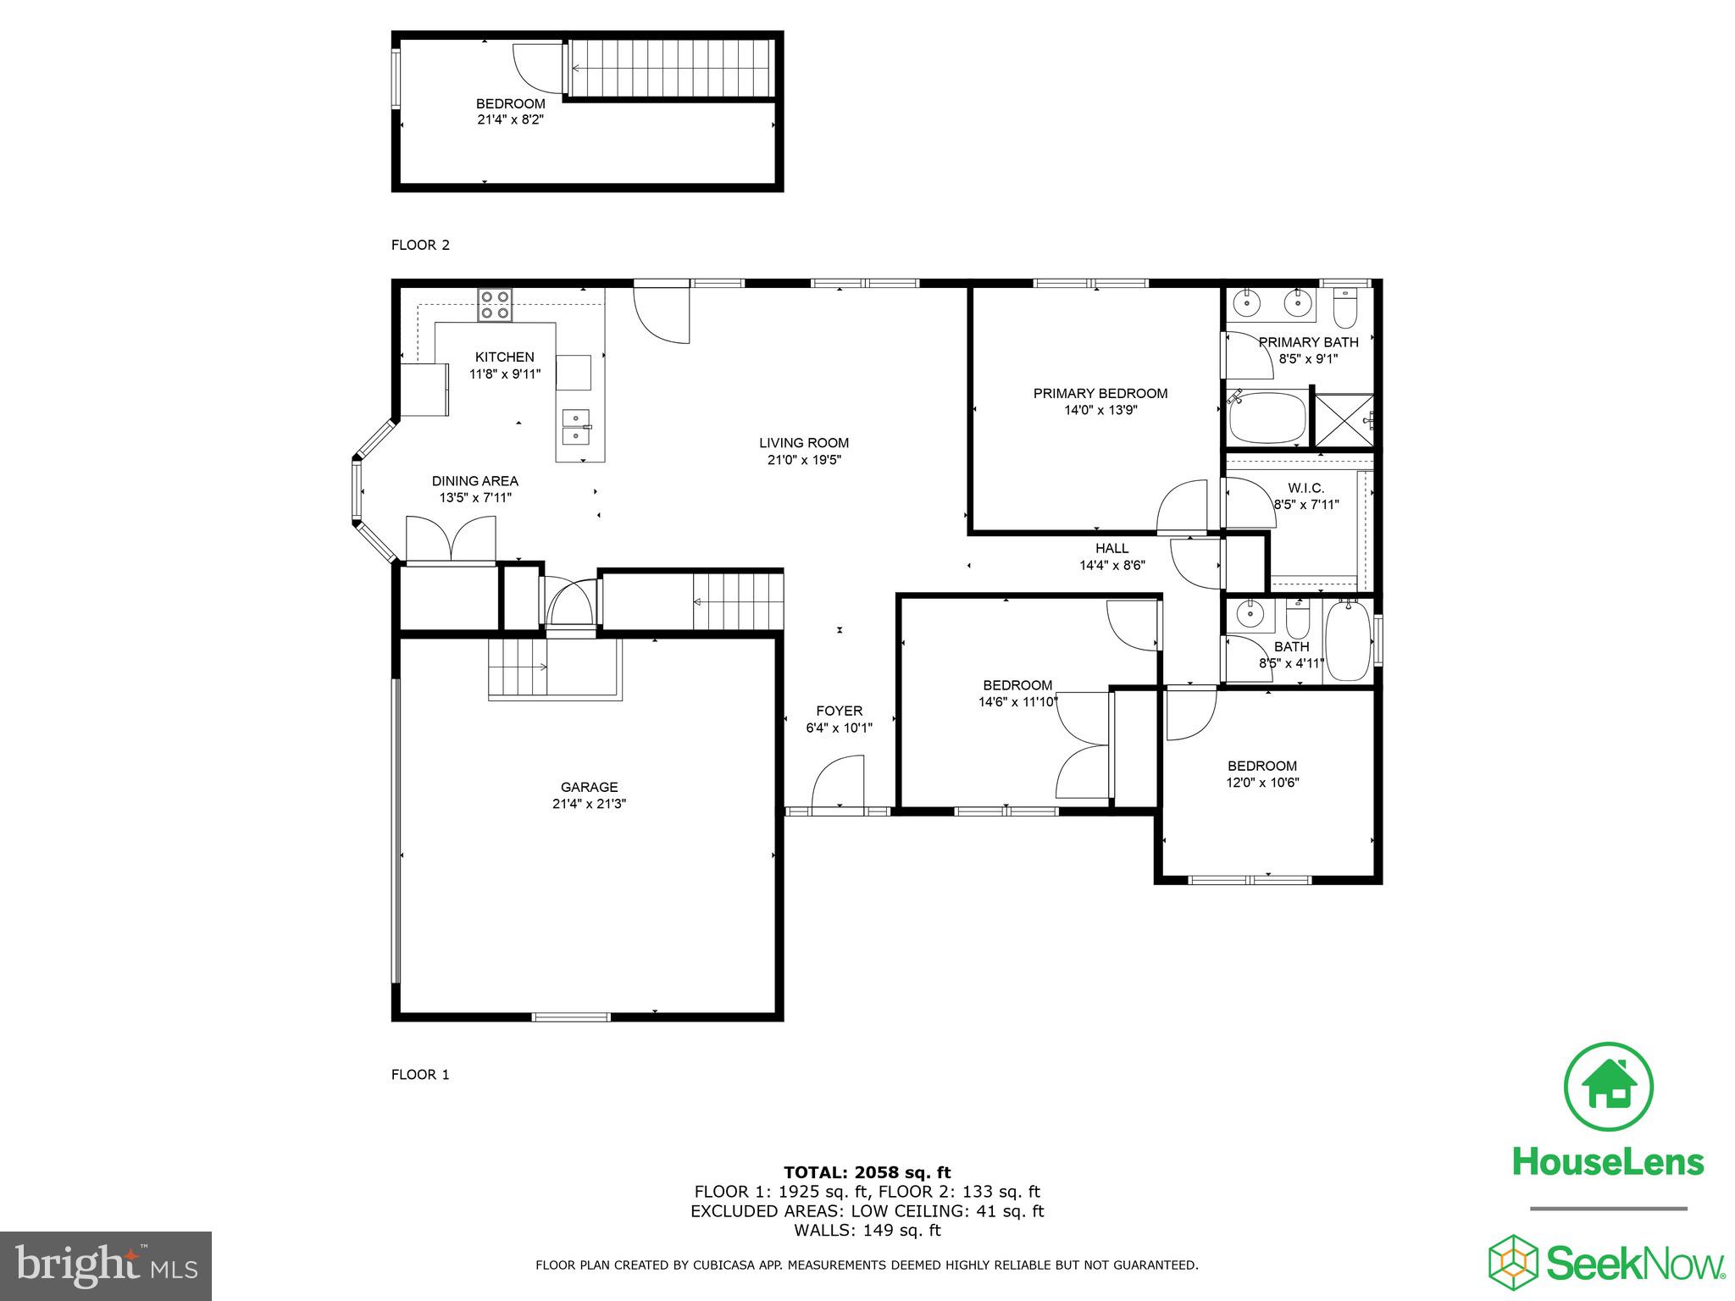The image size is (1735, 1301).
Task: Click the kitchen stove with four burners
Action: pyautogui.click(x=495, y=305)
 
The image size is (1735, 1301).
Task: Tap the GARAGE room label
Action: pyautogui.click(x=589, y=787)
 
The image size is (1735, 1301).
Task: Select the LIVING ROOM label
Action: pyautogui.click(x=803, y=442)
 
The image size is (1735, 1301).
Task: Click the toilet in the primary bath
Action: pyautogui.click(x=1344, y=309)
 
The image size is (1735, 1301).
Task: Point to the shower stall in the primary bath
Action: pyautogui.click(x=1343, y=418)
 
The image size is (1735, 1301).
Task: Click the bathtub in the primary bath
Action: pyautogui.click(x=1267, y=418)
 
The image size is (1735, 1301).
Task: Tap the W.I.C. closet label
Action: pyautogui.click(x=1305, y=488)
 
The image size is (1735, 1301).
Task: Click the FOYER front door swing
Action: pyautogui.click(x=837, y=783)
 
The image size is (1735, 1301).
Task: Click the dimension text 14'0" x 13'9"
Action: pyautogui.click(x=1100, y=410)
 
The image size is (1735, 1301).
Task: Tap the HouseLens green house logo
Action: pyautogui.click(x=1608, y=1087)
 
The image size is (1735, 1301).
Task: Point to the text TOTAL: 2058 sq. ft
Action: pyautogui.click(x=867, y=1172)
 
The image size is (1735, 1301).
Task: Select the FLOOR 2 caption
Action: pyautogui.click(x=420, y=246)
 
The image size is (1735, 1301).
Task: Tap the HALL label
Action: pyautogui.click(x=1111, y=548)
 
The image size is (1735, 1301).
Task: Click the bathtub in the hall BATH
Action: pyautogui.click(x=1346, y=640)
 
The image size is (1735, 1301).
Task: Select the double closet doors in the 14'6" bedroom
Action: pyautogui.click(x=1084, y=745)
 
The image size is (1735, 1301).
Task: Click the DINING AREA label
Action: pyautogui.click(x=474, y=481)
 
